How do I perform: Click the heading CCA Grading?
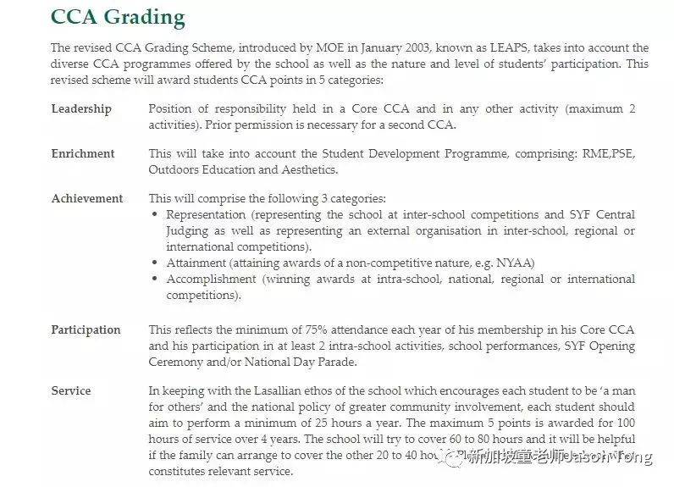(x=118, y=16)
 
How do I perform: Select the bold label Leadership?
(x=81, y=109)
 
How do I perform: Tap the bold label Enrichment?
(x=83, y=154)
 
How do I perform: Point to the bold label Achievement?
(x=87, y=199)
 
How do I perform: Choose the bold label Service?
(x=71, y=391)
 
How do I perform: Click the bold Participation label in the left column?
(x=86, y=330)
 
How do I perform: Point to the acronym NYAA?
(x=514, y=263)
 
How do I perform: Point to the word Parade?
(x=336, y=362)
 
